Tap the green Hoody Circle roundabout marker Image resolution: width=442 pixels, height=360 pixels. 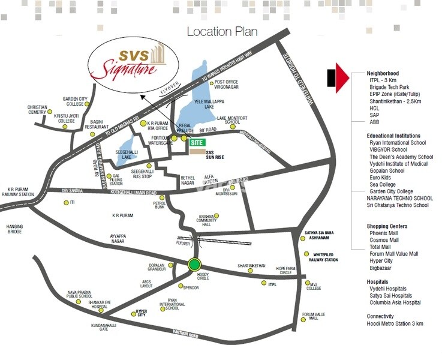(193, 264)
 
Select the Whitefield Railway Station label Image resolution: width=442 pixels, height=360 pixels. (323, 257)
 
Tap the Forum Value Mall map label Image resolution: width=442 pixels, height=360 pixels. (313, 316)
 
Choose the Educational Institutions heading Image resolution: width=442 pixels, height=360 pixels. (393, 136)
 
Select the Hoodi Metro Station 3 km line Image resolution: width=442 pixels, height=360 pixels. (395, 324)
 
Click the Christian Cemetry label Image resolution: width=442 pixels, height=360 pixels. (37, 110)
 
